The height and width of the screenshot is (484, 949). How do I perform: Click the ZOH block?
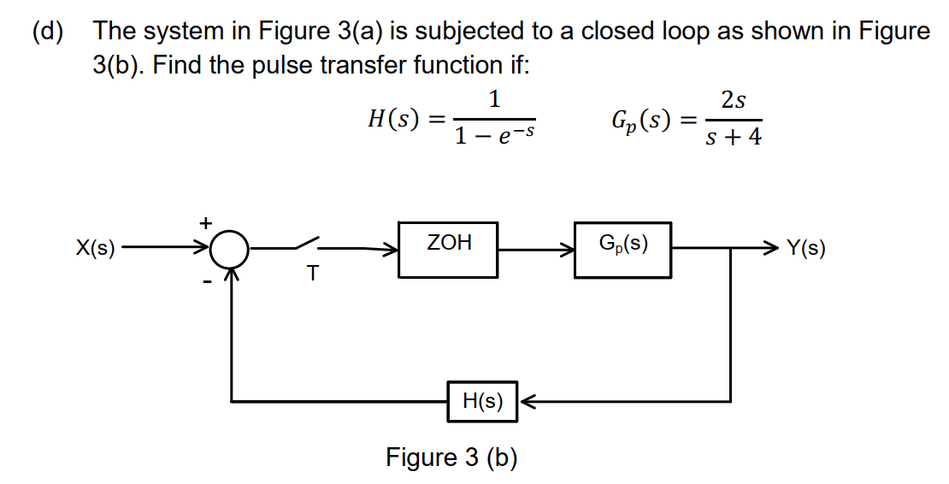click(x=448, y=250)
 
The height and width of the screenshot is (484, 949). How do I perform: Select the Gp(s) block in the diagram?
click(x=622, y=250)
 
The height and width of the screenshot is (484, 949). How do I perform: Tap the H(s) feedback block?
click(x=482, y=401)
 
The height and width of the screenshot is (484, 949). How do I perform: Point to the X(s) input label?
click(x=95, y=250)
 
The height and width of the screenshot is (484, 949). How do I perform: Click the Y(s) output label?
click(x=805, y=250)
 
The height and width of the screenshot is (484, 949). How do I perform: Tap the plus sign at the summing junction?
click(x=205, y=222)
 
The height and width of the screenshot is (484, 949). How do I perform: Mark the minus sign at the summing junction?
click(x=206, y=280)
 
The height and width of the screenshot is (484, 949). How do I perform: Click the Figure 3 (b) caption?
click(x=451, y=457)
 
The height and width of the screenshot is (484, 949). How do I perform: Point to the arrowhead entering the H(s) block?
click(x=527, y=400)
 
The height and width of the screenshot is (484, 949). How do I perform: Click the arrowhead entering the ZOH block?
click(x=391, y=251)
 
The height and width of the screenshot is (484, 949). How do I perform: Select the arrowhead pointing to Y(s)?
click(x=772, y=250)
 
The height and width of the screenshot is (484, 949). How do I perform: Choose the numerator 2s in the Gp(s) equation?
click(x=733, y=101)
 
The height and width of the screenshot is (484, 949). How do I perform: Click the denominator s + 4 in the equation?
click(x=733, y=137)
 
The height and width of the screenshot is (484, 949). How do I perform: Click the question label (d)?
click(x=49, y=32)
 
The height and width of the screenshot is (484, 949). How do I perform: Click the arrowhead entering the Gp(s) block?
click(x=566, y=251)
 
